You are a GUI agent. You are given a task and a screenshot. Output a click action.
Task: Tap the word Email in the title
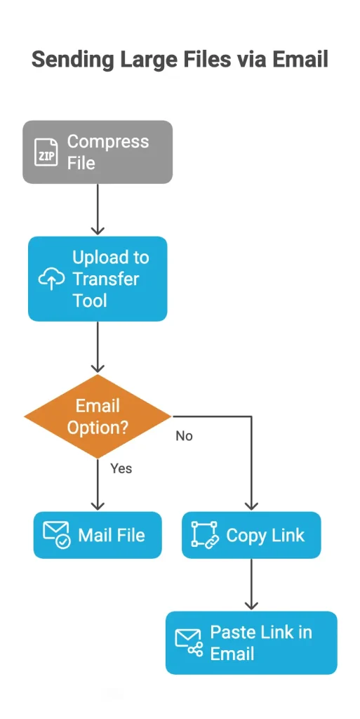tap(298, 60)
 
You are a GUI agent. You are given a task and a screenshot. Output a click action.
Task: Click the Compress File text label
tap(108, 152)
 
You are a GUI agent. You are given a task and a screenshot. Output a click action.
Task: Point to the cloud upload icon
tap(51, 279)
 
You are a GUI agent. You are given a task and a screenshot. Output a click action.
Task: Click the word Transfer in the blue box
tap(106, 279)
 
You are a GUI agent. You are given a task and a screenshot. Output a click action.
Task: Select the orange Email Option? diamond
tap(98, 416)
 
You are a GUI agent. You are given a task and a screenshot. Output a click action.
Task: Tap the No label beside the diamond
tap(184, 436)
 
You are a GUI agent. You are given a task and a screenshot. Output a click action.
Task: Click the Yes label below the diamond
tap(121, 468)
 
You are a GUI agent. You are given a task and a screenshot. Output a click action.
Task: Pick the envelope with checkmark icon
tap(57, 535)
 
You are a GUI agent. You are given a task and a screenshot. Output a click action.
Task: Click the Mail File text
tap(112, 535)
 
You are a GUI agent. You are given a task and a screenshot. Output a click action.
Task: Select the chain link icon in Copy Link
tap(205, 535)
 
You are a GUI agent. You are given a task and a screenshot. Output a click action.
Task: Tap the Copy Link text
tap(265, 535)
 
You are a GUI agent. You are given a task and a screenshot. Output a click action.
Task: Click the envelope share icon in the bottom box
tap(189, 642)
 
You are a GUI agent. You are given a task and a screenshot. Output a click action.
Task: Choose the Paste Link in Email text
tap(260, 642)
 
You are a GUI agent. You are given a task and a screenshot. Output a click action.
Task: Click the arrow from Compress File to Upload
tap(98, 209)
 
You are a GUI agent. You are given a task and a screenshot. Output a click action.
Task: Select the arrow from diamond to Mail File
tap(98, 484)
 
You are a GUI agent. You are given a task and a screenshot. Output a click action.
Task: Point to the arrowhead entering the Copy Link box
tap(251, 506)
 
